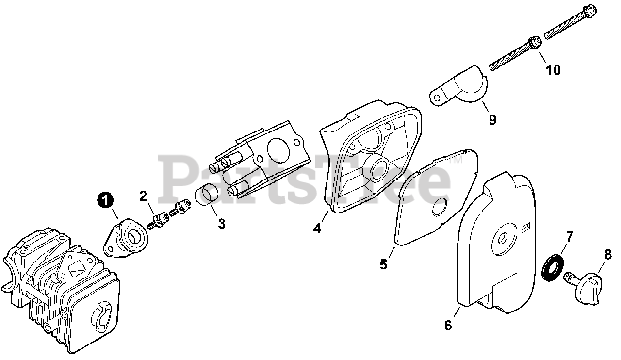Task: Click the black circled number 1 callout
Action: pyautogui.click(x=105, y=199)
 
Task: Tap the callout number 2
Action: pyautogui.click(x=143, y=196)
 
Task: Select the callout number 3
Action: pyautogui.click(x=221, y=224)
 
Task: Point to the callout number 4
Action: pyautogui.click(x=317, y=228)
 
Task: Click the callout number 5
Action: pyautogui.click(x=383, y=264)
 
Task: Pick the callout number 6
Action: pyautogui.click(x=448, y=326)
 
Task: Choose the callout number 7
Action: pyautogui.click(x=570, y=237)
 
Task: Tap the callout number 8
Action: pyautogui.click(x=608, y=253)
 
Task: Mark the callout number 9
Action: pyautogui.click(x=492, y=119)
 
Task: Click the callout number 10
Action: pyautogui.click(x=553, y=70)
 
